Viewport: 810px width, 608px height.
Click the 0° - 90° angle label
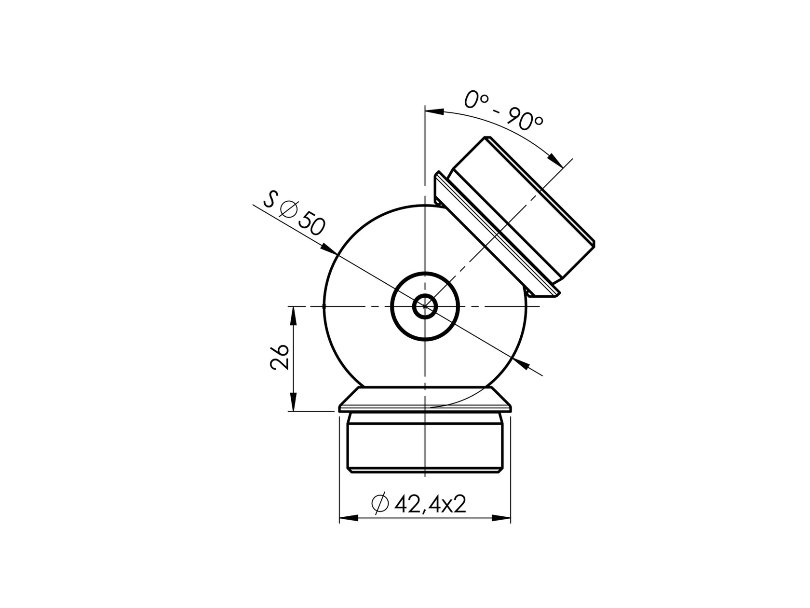[x=504, y=111]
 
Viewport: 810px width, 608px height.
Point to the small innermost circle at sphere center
[x=425, y=306]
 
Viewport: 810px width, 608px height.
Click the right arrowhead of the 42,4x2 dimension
[x=501, y=518]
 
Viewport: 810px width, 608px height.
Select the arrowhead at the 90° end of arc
[x=556, y=160]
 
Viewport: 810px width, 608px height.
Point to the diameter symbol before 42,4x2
[x=380, y=504]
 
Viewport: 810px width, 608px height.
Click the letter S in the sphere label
[x=271, y=198]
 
